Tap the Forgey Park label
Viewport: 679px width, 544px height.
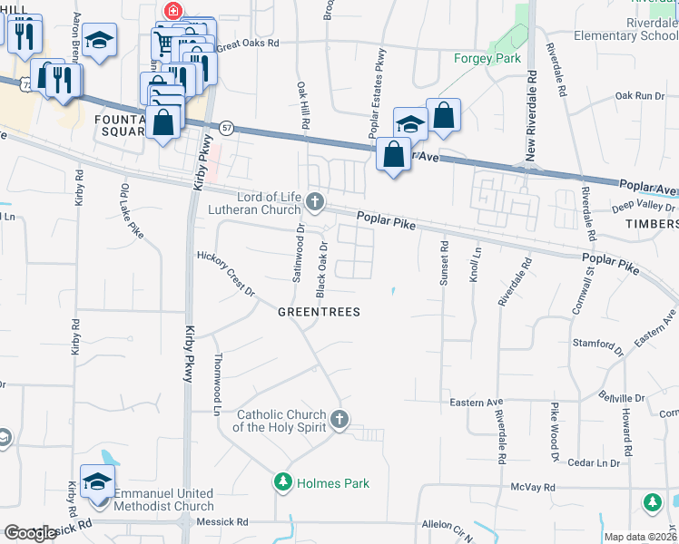487,59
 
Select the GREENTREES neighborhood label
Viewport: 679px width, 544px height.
319,312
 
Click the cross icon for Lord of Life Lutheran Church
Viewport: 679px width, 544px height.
315,201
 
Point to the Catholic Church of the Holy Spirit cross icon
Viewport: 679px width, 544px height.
339,419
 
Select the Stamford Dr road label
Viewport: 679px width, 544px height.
595,345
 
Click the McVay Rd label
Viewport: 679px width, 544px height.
526,486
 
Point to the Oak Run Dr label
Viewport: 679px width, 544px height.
640,95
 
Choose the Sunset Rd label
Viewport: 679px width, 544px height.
444,263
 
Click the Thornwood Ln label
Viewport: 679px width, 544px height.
217,384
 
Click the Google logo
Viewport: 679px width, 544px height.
30,533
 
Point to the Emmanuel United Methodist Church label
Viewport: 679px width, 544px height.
162,500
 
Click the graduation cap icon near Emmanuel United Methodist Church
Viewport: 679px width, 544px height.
97,481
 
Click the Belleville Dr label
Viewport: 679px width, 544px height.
622,397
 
